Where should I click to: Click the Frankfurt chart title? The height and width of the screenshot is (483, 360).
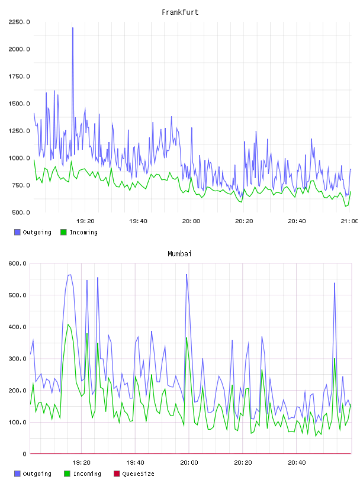pos(180,12)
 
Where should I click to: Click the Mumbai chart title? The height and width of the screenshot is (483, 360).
pos(179,254)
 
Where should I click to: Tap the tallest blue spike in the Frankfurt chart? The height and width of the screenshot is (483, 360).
pos(73,28)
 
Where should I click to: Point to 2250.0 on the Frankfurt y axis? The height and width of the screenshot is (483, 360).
pos(19,22)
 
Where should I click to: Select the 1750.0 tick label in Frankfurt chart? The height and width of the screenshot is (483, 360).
pos(19,76)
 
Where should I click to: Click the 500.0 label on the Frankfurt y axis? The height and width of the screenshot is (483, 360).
pos(21,212)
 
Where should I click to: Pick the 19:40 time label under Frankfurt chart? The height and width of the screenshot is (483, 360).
pos(138,221)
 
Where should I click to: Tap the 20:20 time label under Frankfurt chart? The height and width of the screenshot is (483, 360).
pos(244,221)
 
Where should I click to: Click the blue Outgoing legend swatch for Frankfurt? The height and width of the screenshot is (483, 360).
pos(17,232)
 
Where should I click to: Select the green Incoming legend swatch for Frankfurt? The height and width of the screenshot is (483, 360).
pos(63,232)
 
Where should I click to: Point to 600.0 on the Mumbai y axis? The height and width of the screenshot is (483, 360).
pos(17,263)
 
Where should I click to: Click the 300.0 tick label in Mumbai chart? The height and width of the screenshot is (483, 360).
pos(17,359)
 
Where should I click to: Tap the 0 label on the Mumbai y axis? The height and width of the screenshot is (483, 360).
pos(24,454)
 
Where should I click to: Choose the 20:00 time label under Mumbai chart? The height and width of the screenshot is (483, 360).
pos(189,463)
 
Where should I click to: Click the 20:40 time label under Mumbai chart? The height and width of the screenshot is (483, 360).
pos(297,463)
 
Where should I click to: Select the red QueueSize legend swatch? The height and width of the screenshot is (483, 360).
pos(117,474)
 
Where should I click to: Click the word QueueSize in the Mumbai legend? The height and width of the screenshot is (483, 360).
pos(138,474)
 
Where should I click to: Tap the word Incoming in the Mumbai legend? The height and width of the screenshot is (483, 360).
pos(87,474)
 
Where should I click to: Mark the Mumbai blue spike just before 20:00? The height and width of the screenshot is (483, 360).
pos(187,275)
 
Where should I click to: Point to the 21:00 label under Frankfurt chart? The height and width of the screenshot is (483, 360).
pos(349,221)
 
